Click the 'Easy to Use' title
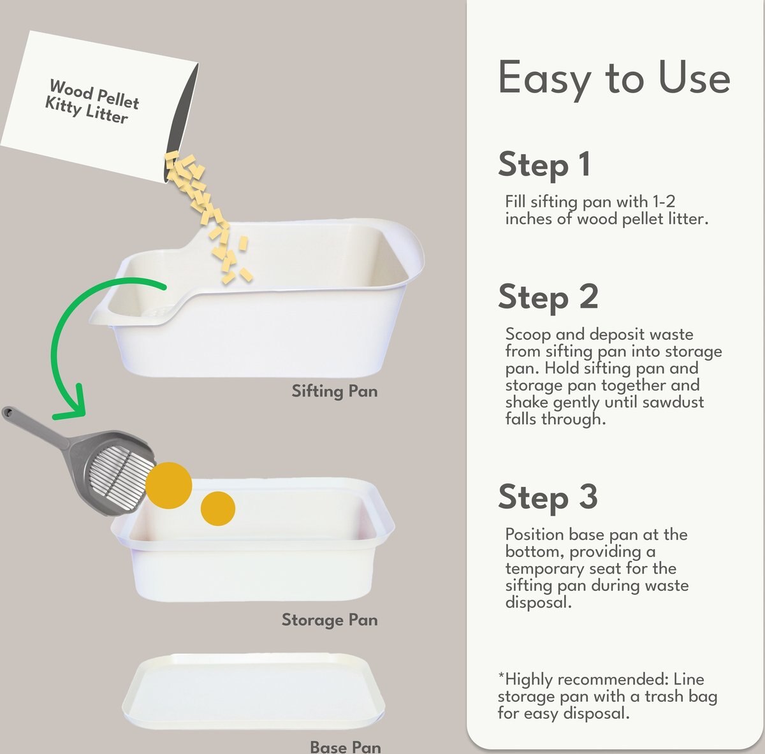613,78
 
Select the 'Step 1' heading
544,164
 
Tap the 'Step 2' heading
548,298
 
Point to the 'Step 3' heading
548,497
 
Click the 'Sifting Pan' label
335,391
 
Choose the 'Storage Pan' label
330,620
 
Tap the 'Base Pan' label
345,746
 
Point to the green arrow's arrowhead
71,405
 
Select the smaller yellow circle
218,509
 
